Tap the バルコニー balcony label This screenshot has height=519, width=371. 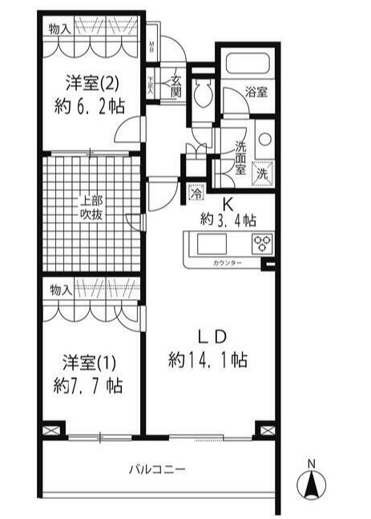coord(158,469)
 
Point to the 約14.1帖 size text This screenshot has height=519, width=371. coord(208,360)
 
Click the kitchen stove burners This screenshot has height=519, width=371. coord(262,243)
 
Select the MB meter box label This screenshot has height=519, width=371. coord(153,46)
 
